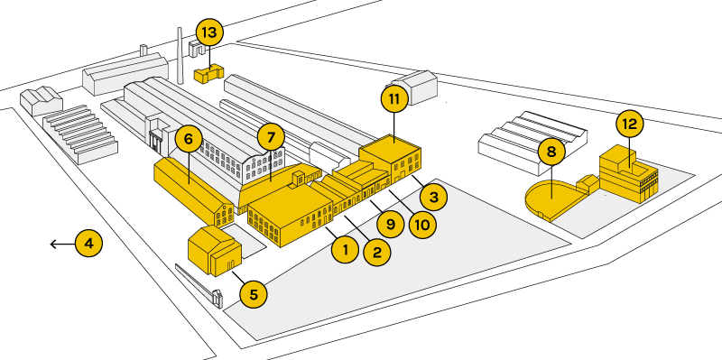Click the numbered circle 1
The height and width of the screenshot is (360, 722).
[x=346, y=250]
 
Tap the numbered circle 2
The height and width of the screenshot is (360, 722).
[x=377, y=252]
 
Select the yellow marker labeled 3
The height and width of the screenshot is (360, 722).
[x=433, y=198]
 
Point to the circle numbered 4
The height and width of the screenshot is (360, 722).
[x=88, y=243]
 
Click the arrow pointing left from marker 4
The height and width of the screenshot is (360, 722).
[x=62, y=244]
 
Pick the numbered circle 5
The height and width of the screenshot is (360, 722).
[x=254, y=294]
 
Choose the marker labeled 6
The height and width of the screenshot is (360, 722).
[x=189, y=139]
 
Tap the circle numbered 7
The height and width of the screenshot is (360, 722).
[x=270, y=137]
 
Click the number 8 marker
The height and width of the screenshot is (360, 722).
[x=551, y=152]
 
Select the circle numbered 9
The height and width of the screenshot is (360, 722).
[x=390, y=224]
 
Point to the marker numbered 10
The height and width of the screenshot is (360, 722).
[x=422, y=225]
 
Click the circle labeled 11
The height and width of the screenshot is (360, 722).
[x=394, y=99]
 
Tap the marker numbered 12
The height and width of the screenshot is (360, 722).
[x=629, y=124]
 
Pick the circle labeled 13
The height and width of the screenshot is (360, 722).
[x=209, y=33]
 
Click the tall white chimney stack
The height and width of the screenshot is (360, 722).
[x=180, y=55]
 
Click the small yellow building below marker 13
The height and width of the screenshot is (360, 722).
[x=208, y=74]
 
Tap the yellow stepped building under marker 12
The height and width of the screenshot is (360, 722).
[x=628, y=175]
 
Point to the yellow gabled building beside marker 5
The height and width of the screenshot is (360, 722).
[x=215, y=251]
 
